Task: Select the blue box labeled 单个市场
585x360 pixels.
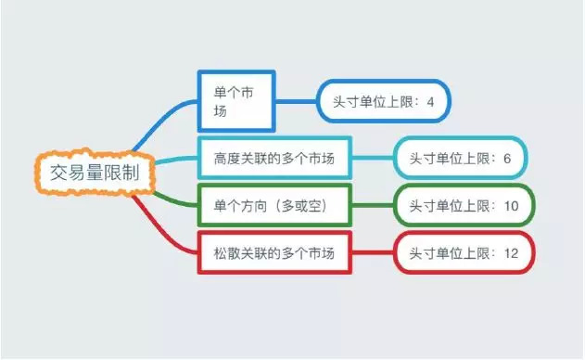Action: (236, 100)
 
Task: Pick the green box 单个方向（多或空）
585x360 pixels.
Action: (274, 205)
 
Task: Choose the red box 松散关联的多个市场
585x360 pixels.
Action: (274, 253)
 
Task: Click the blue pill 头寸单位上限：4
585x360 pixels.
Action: (383, 101)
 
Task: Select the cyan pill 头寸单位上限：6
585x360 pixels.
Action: (460, 159)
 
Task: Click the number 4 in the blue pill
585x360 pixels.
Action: (431, 101)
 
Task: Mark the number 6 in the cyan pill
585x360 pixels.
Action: (507, 159)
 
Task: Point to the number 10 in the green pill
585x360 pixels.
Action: (511, 206)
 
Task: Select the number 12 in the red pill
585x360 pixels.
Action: (511, 253)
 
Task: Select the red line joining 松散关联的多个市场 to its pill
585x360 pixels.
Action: (373, 251)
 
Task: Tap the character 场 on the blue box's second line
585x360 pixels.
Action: (221, 110)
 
